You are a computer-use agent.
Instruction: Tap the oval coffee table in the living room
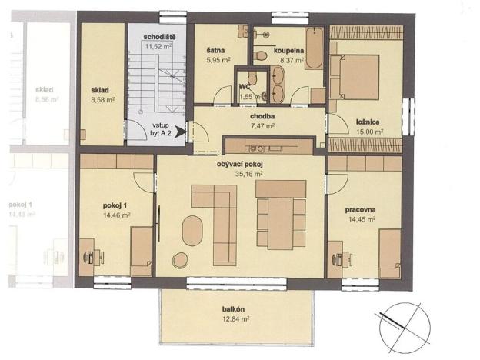[193, 230]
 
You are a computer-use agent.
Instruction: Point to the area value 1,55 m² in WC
[248, 97]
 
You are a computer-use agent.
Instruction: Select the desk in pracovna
[335, 253]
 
